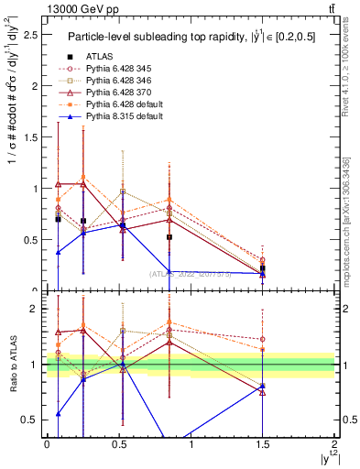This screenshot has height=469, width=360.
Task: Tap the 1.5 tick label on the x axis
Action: click(262, 443)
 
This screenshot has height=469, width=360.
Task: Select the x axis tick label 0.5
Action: click(118, 443)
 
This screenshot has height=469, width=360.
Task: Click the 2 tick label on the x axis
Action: click(335, 443)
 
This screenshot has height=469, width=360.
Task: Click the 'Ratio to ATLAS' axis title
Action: click(12, 365)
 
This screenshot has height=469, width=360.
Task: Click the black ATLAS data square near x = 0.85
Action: click(169, 237)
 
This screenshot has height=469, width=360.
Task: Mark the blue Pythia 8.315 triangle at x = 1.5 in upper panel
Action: click(263, 273)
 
